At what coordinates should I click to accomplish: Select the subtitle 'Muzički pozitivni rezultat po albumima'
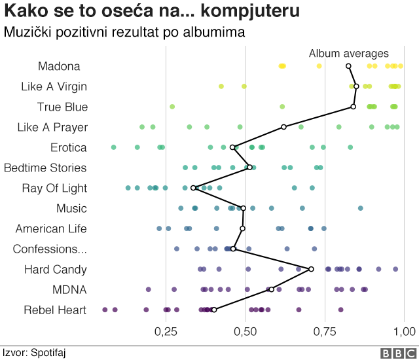124,32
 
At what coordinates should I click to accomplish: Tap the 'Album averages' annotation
348,54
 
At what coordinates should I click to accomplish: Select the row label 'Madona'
59,66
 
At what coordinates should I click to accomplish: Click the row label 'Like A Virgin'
54,86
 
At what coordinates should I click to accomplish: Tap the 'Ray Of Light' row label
54,189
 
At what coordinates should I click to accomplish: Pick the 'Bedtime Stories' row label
45,168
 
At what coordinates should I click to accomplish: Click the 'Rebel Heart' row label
55,310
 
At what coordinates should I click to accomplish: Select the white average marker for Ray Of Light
194,188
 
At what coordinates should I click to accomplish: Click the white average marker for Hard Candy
311,269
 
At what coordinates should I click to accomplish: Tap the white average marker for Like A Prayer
283,127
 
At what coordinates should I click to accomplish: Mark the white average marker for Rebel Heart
214,310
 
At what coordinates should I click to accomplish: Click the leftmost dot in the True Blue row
172,107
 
